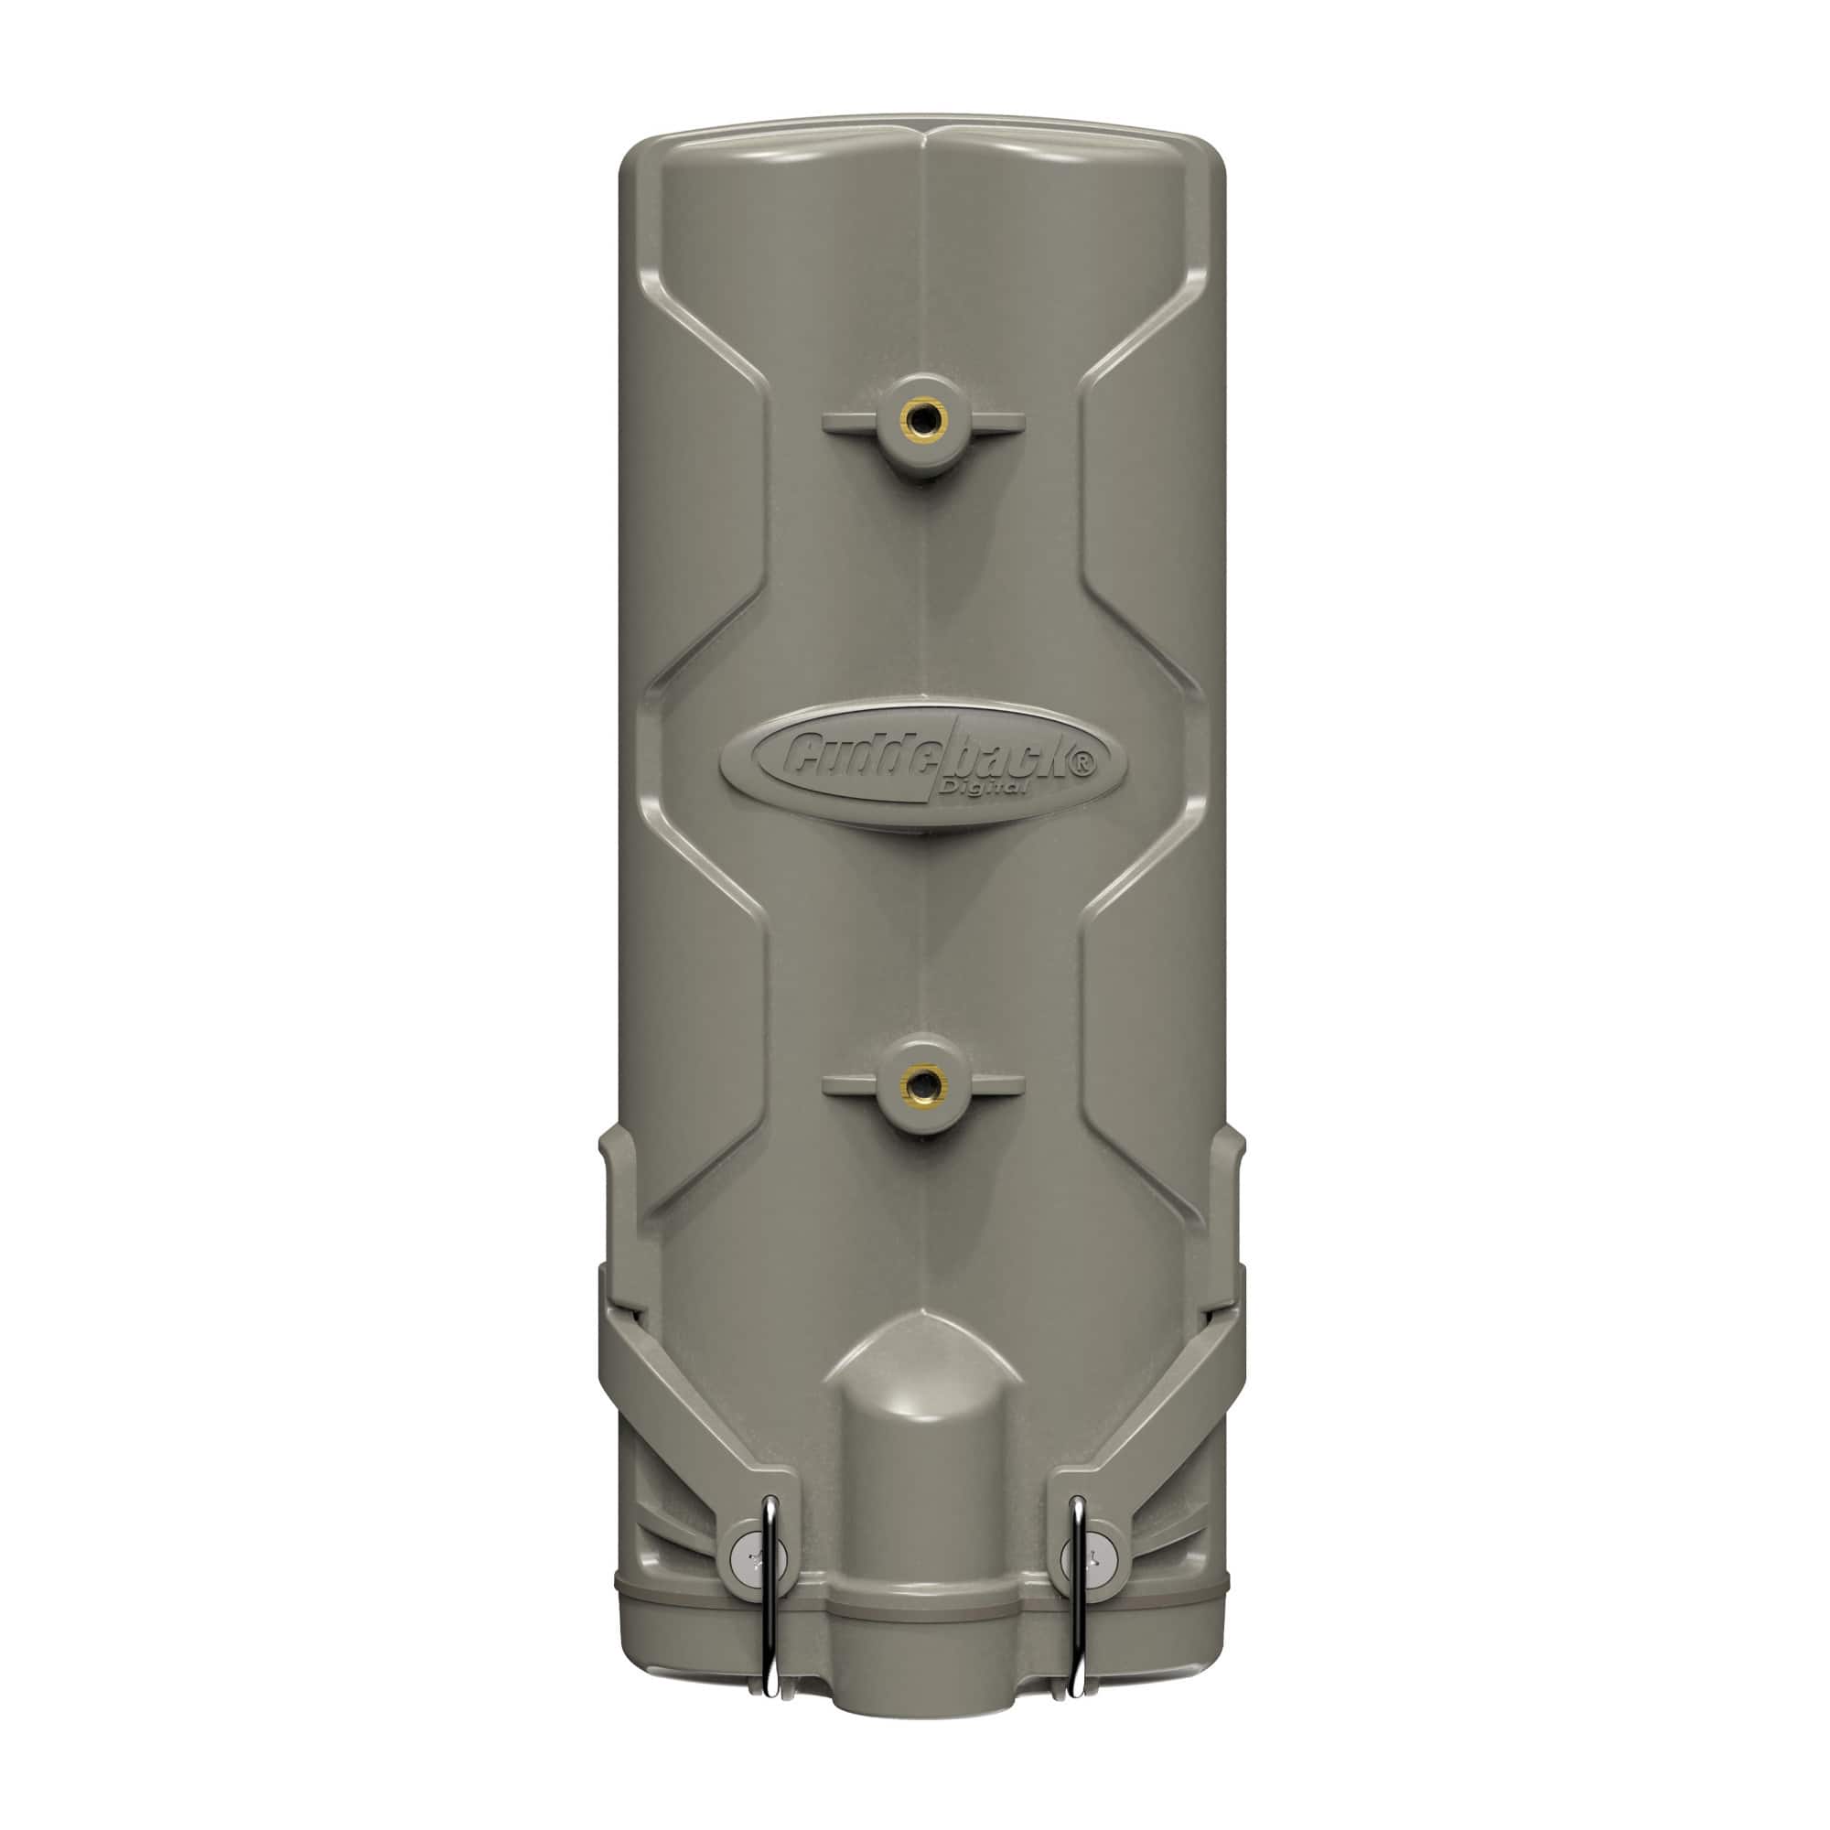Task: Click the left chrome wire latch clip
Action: click(772, 1600)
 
